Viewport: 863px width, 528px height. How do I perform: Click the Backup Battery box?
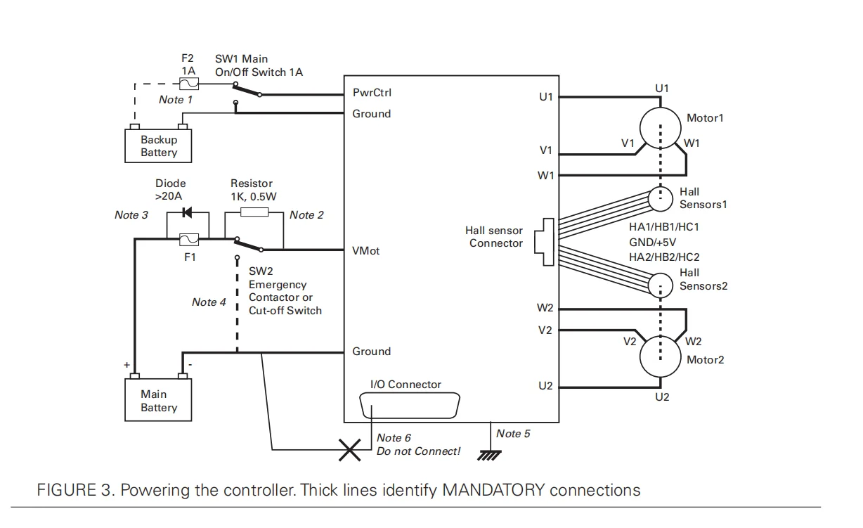(159, 146)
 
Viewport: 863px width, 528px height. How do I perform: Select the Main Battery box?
(159, 401)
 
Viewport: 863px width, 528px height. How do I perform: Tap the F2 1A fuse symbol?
(188, 84)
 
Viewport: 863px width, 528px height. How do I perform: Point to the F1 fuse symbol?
(190, 240)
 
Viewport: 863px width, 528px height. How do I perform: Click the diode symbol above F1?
(188, 212)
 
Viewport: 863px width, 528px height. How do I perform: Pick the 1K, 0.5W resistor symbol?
(254, 212)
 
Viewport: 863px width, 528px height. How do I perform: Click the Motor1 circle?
(661, 120)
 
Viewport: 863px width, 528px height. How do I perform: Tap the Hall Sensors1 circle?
(661, 198)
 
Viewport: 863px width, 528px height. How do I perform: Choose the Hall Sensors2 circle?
(661, 285)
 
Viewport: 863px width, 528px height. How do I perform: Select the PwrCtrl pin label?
(372, 93)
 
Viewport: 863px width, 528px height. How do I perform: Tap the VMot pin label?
(366, 251)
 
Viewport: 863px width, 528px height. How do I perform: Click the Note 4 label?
(209, 302)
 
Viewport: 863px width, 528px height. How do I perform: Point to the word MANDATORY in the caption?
(493, 490)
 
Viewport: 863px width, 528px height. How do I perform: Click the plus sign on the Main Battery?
(127, 366)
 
